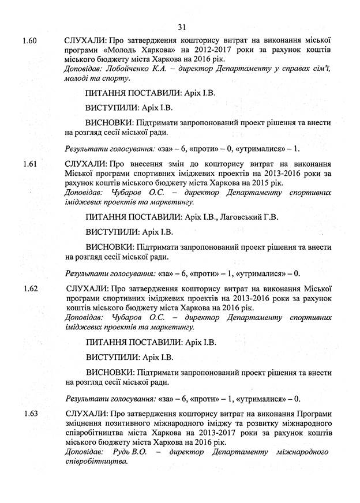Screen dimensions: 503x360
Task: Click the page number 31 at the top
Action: [x=182, y=27]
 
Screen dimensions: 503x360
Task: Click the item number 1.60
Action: [x=30, y=42]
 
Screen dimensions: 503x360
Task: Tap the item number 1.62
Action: [x=30, y=288]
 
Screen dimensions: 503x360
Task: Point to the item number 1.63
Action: [x=30, y=414]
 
